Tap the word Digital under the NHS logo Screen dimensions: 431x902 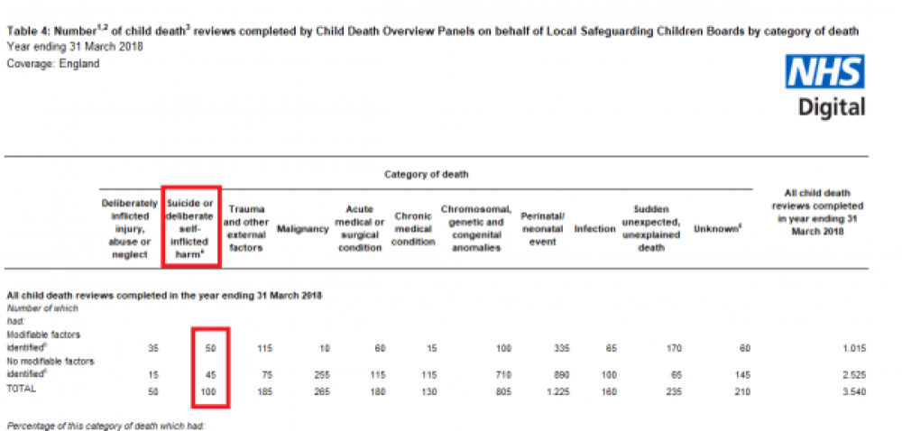pyautogui.click(x=831, y=105)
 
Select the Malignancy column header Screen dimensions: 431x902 pyautogui.click(x=302, y=229)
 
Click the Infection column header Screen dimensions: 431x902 pyautogui.click(x=594, y=229)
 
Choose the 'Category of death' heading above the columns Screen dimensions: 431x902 pyautogui.click(x=428, y=173)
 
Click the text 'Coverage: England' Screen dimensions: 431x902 pyautogui.click(x=53, y=64)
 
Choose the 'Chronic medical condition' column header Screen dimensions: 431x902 pyautogui.click(x=415, y=229)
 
